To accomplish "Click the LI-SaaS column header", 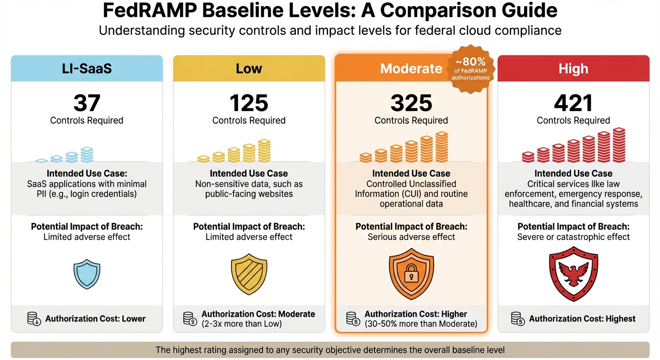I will pyautogui.click(x=87, y=69).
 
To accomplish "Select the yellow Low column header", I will pyautogui.click(x=249, y=69).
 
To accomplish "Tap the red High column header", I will pyautogui.click(x=573, y=69).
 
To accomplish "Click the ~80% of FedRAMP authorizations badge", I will pyautogui.click(x=470, y=69).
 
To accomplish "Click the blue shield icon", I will pyautogui.click(x=87, y=274).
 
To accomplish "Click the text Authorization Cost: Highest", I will pyautogui.click(x=582, y=319).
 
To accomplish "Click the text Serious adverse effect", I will pyautogui.click(x=411, y=237).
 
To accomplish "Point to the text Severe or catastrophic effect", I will pyautogui.click(x=573, y=237).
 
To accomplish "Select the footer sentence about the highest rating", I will pyautogui.click(x=330, y=350).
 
